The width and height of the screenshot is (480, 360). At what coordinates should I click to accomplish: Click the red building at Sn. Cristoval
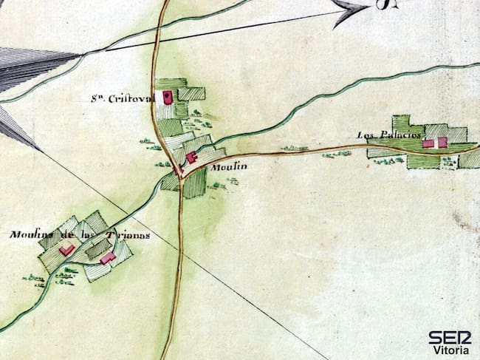click(168, 96)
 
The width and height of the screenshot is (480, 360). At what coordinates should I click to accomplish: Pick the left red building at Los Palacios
click(428, 143)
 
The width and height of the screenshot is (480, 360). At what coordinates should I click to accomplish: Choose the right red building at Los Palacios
click(442, 143)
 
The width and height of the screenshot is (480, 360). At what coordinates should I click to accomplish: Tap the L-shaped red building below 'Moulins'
click(66, 251)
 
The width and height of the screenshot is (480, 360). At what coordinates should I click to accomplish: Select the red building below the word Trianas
click(108, 258)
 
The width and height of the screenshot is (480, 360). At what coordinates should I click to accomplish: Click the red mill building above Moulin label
click(191, 157)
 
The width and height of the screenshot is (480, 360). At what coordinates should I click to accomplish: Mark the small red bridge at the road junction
click(177, 171)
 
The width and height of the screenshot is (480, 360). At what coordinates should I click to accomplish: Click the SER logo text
click(449, 337)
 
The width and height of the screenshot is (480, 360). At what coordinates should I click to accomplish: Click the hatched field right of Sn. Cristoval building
click(192, 94)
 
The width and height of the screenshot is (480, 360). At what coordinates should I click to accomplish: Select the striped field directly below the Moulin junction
click(194, 184)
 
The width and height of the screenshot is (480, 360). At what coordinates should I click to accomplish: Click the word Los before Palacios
click(366, 135)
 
